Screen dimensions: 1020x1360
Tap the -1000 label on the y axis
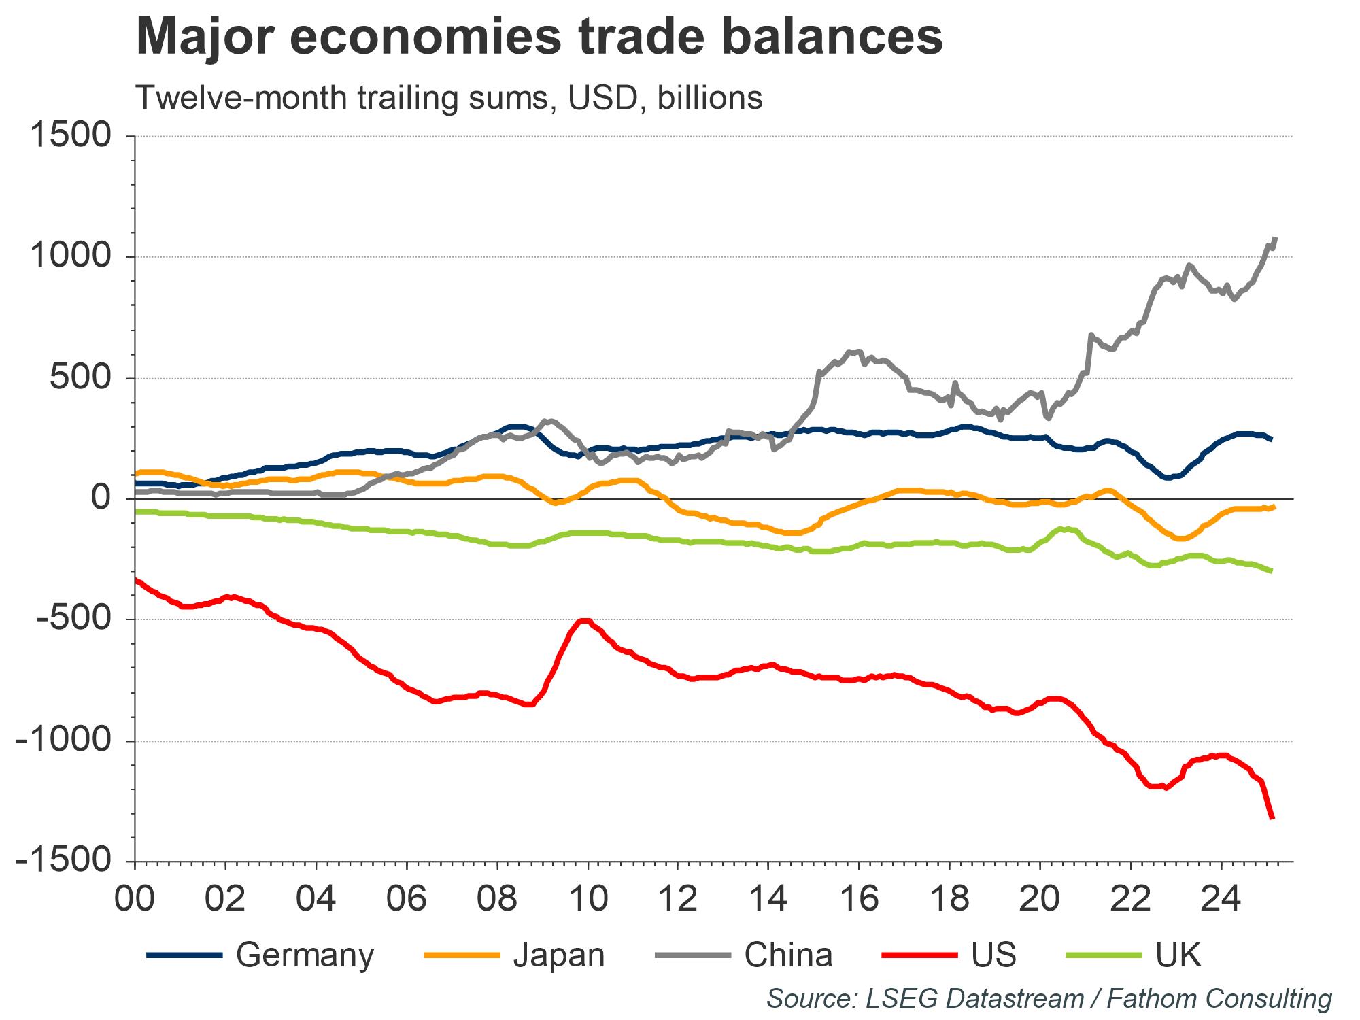[63, 741]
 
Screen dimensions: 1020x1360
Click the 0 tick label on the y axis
[100, 498]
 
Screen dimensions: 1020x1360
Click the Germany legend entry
[305, 955]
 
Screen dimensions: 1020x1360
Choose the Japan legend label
[558, 955]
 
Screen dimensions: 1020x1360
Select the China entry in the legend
[788, 955]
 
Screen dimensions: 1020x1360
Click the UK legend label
[1178, 955]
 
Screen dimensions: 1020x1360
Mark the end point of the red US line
[1272, 817]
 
